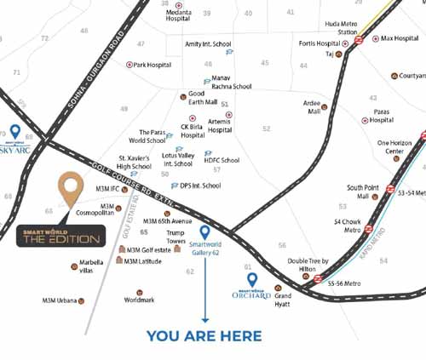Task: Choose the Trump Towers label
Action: pos(176,237)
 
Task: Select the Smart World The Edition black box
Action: pos(61,237)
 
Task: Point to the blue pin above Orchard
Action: pos(251,279)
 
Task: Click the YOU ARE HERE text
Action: pos(204,336)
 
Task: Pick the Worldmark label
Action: pos(139,300)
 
